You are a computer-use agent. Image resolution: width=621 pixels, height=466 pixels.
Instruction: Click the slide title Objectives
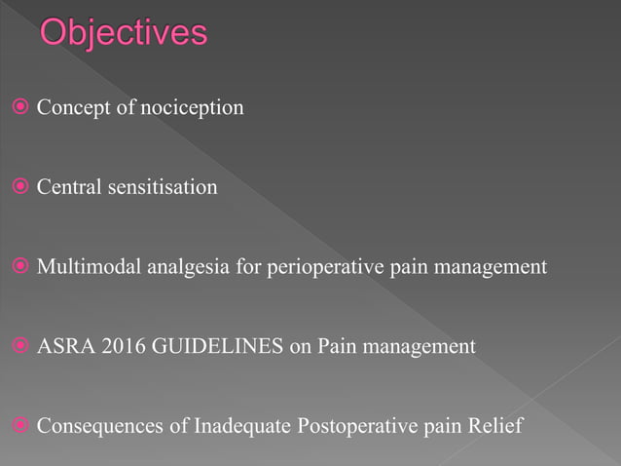pos(124,34)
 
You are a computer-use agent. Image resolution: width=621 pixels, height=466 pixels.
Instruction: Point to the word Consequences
pos(91,426)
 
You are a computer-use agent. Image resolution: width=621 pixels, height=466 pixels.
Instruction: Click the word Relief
pos(496,426)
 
